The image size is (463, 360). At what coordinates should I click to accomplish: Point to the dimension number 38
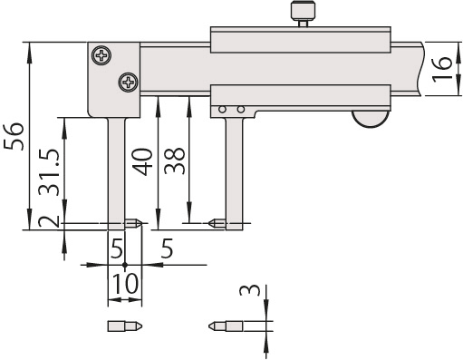(x=175, y=161)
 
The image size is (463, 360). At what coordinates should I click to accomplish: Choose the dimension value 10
(x=125, y=284)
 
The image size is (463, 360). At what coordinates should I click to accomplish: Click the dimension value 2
(x=51, y=221)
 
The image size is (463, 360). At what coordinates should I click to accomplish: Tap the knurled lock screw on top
(x=301, y=13)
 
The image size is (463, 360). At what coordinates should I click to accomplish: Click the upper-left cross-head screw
(x=100, y=55)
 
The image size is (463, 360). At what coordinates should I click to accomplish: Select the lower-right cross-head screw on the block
(x=128, y=83)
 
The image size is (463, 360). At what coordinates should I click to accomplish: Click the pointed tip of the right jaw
(x=210, y=221)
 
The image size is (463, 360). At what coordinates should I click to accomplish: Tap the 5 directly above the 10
(x=115, y=248)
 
